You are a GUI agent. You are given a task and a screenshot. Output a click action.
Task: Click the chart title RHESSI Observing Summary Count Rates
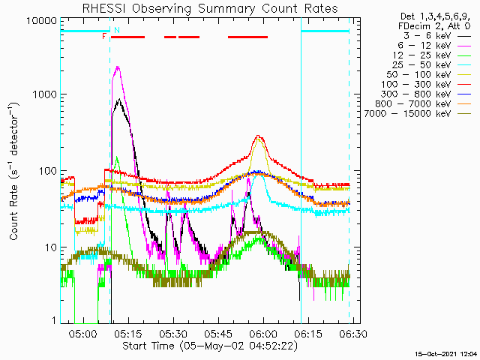click(210, 8)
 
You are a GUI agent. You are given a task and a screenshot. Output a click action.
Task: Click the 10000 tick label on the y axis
click(42, 21)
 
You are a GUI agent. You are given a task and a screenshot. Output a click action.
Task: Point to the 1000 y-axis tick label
click(45, 94)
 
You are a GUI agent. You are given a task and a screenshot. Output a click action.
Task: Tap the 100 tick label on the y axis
click(49, 171)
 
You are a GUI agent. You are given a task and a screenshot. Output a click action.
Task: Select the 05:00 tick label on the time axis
click(82, 333)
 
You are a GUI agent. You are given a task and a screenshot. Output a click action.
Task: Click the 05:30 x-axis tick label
click(173, 333)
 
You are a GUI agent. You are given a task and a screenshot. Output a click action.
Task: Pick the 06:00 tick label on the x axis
click(263, 333)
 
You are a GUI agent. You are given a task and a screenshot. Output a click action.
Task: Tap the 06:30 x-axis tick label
click(353, 333)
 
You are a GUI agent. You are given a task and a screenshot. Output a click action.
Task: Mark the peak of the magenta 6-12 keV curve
click(118, 67)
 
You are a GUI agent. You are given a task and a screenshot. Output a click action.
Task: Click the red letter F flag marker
click(104, 37)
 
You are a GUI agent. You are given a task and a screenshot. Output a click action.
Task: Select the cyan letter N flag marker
click(117, 30)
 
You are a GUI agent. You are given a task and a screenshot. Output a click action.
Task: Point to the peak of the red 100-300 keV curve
click(258, 136)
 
